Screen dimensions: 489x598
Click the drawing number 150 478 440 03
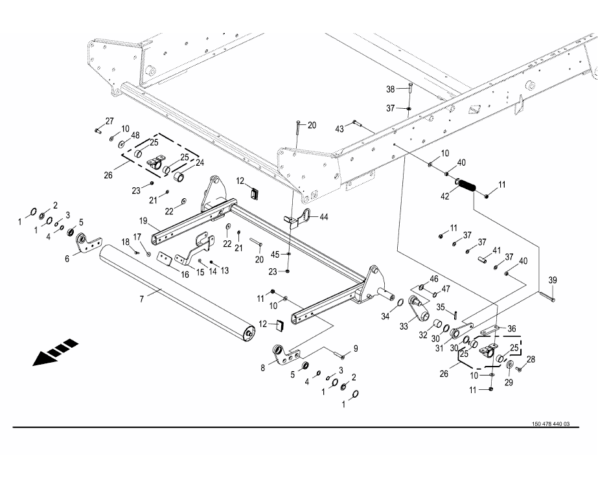[550, 424]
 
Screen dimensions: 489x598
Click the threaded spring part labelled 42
[466, 185]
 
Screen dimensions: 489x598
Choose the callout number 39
[553, 280]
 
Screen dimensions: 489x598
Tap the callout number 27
[109, 121]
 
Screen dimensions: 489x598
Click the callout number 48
[135, 135]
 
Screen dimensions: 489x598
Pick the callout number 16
[167, 275]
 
